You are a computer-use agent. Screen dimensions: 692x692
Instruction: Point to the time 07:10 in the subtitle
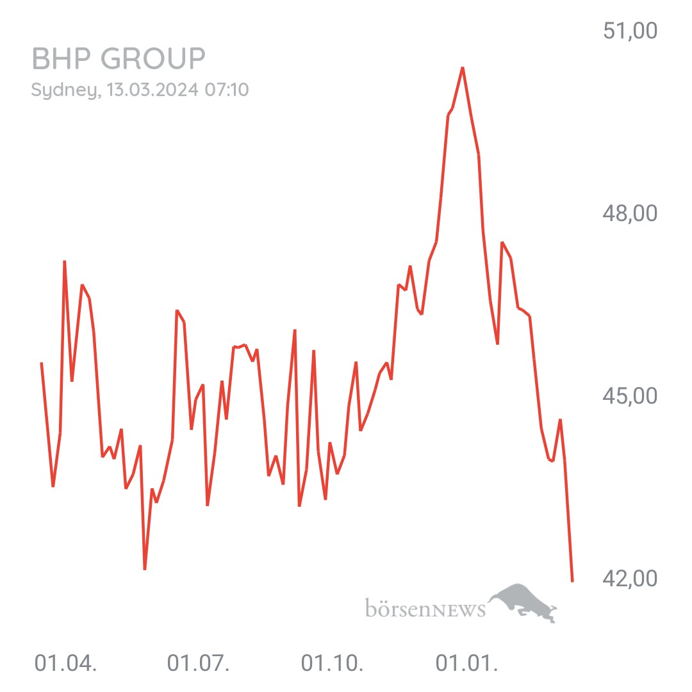coord(227,90)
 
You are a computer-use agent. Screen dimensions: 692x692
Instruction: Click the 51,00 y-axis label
coord(630,31)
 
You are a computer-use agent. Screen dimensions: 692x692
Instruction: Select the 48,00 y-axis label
coord(630,213)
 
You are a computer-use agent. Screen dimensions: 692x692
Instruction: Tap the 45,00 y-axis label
coord(630,396)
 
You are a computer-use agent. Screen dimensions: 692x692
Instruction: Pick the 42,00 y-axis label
coord(630,579)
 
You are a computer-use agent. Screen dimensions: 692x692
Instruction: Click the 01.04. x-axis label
coord(65,664)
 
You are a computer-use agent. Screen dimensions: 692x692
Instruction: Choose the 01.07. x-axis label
coord(199,664)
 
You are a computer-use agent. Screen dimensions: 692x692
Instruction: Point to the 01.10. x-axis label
coord(332,664)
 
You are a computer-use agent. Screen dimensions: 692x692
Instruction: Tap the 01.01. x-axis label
coord(466,664)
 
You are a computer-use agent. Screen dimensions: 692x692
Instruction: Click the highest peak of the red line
coord(463,67)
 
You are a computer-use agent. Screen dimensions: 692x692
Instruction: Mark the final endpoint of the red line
coord(572,581)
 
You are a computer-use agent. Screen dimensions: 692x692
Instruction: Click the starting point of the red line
coord(41,363)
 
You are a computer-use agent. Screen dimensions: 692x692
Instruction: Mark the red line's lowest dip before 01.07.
coord(145,568)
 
